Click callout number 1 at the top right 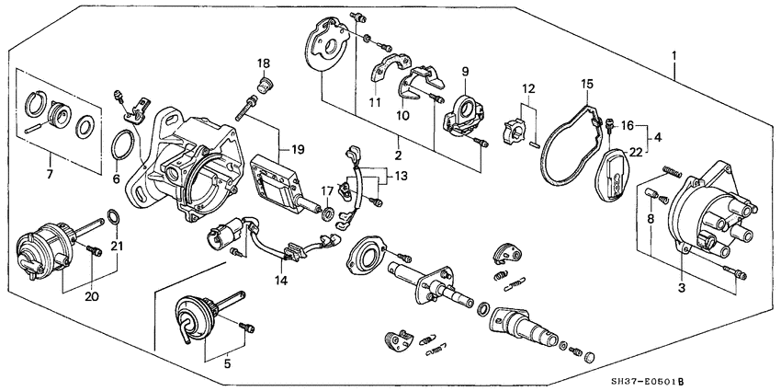pyautogui.click(x=676, y=56)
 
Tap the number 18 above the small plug pyautogui.click(x=264, y=63)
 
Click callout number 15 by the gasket pyautogui.click(x=585, y=85)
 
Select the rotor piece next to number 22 pyautogui.click(x=612, y=175)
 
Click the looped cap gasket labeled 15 pyautogui.click(x=562, y=147)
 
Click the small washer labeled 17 pyautogui.click(x=327, y=214)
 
